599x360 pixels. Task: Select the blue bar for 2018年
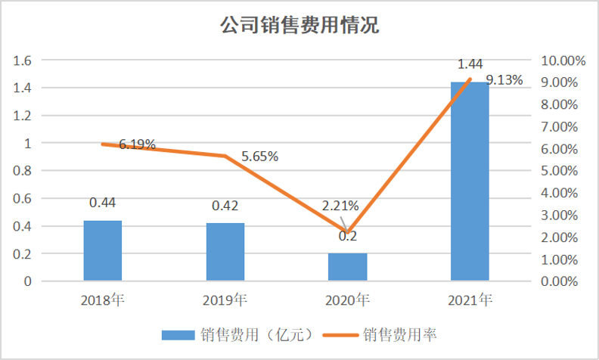pos(102,250)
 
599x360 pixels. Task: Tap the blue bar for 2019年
pos(225,252)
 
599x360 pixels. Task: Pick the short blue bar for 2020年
pos(347,267)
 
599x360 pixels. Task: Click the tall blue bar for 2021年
pos(470,182)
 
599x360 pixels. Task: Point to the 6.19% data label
pos(137,144)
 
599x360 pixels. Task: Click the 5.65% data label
pos(260,157)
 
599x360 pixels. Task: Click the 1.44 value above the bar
pos(470,64)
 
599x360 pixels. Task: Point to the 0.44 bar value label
pos(102,203)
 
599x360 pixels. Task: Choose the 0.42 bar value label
pos(225,206)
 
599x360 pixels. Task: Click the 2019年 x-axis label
pos(225,300)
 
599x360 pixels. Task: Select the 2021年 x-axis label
pos(470,300)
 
